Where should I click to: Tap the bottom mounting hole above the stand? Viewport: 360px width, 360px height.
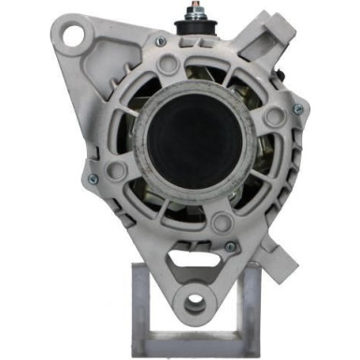194,304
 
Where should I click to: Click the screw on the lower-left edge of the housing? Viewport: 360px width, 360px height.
92,177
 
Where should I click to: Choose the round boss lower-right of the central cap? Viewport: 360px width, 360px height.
222,223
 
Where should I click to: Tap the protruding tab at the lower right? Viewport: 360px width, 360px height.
273,251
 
